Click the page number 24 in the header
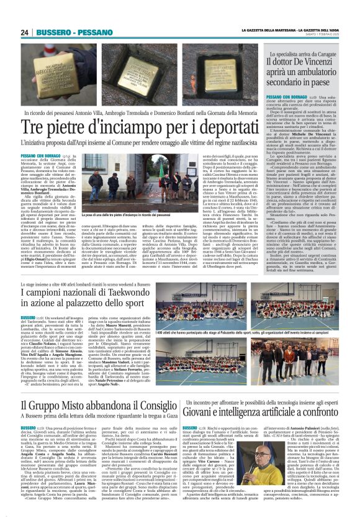pos(25,32)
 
